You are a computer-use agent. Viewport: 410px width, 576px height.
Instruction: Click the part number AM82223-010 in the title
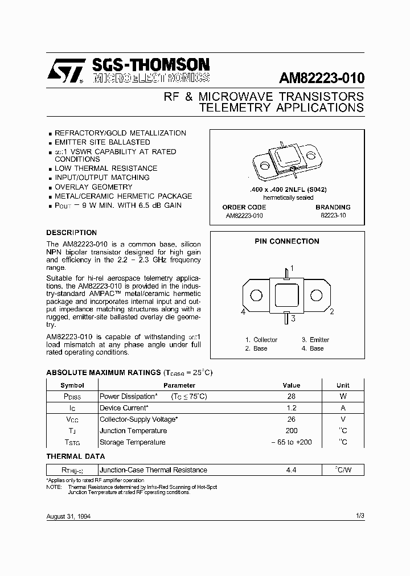point(321,77)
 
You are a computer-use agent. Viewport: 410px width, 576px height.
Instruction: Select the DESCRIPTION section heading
point(71,233)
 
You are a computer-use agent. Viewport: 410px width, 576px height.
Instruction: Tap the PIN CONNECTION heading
point(286,241)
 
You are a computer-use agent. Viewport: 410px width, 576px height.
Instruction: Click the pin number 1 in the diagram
point(292,268)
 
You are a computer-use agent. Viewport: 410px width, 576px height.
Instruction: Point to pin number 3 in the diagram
point(293,319)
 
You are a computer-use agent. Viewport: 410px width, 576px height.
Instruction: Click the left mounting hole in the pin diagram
point(257,295)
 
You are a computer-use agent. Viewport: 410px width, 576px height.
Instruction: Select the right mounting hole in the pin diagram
point(316,295)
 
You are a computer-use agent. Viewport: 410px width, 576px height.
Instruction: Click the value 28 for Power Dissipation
point(291,397)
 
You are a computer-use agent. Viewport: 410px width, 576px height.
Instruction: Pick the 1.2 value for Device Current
point(291,408)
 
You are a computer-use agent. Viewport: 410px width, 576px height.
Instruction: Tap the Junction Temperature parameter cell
point(133,431)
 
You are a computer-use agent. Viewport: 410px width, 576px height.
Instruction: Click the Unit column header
point(343,385)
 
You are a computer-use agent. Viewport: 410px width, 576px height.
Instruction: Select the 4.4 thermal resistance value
point(291,470)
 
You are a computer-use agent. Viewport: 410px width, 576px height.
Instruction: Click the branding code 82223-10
point(333,216)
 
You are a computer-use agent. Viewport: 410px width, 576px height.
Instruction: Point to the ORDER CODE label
point(244,207)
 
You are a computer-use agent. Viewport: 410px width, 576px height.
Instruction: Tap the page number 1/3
point(359,516)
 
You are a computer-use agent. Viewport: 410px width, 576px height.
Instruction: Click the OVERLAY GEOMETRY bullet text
point(93,187)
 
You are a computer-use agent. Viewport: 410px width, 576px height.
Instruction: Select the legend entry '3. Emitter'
point(315,340)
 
